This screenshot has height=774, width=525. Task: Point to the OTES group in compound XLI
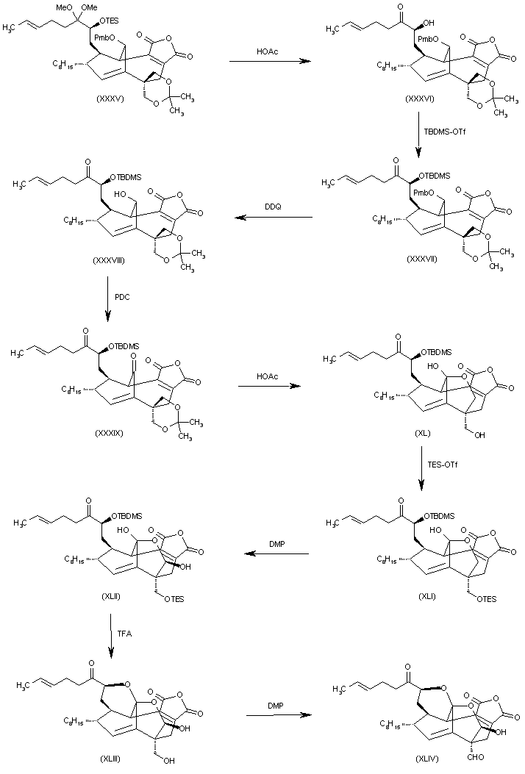[x=484, y=598]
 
